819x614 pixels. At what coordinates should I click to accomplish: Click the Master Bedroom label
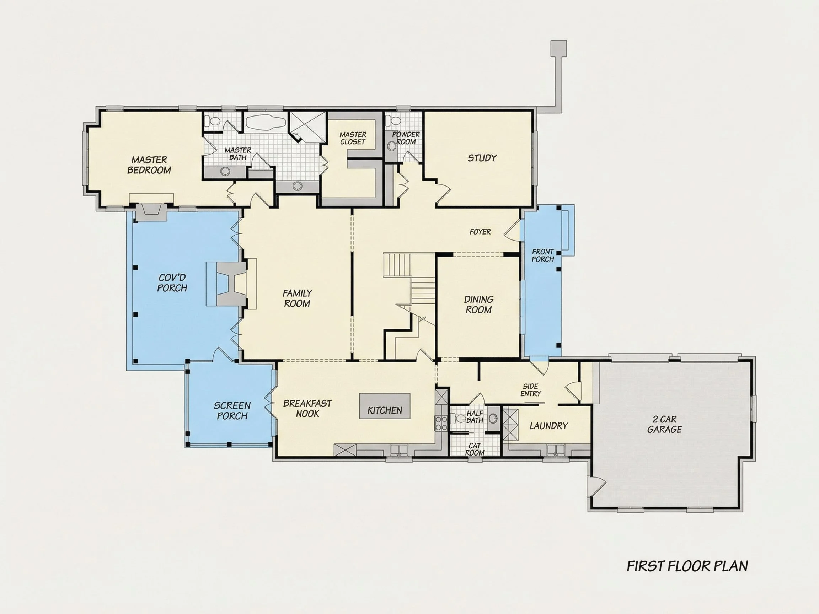point(149,165)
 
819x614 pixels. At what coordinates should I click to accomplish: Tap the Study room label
point(482,158)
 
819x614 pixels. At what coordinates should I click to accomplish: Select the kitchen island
point(385,406)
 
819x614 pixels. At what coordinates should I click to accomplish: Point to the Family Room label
point(297,298)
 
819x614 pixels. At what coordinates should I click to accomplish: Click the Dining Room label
point(479,305)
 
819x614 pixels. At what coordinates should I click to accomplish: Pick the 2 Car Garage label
point(665,424)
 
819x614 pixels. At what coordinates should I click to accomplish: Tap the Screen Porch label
point(232,411)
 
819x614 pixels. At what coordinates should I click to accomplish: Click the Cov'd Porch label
point(172,283)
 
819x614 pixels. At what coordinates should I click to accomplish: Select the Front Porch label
point(543,255)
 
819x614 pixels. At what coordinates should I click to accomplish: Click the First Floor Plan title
point(687,566)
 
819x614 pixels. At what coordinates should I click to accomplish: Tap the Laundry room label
point(549,426)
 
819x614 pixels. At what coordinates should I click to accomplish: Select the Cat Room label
point(475,449)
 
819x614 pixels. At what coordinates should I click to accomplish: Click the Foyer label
point(480,232)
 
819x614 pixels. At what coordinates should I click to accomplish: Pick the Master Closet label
point(353,138)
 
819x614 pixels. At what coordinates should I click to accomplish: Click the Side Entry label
point(531,390)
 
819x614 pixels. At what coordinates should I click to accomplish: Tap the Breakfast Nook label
point(308,409)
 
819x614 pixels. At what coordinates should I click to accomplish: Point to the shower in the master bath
point(307,127)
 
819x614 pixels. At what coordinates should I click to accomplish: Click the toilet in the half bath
point(460,419)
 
